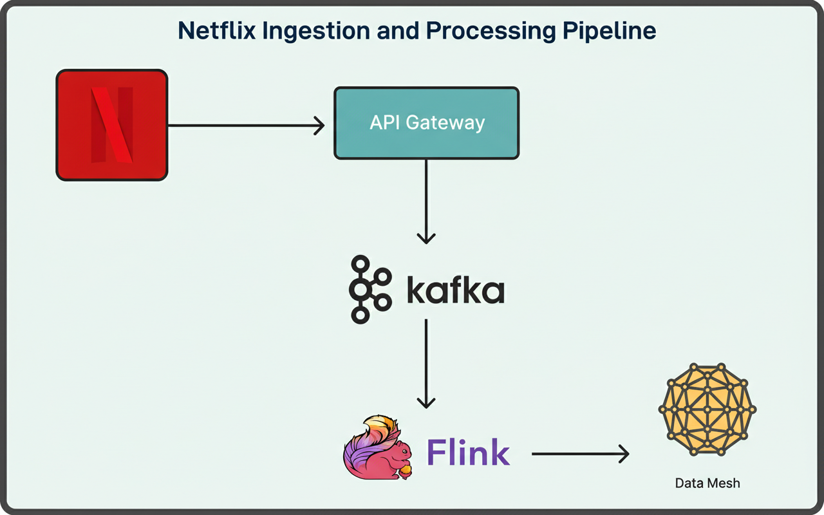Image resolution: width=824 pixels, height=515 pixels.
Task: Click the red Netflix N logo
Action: click(112, 125)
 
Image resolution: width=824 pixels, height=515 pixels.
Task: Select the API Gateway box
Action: click(426, 123)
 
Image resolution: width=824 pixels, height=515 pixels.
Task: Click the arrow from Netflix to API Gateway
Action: click(245, 126)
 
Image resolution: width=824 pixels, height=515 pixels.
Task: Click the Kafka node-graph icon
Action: click(370, 289)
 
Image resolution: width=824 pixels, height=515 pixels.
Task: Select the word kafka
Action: click(455, 290)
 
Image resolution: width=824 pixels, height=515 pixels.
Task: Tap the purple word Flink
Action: click(468, 453)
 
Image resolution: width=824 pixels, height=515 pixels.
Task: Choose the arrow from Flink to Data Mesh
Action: click(579, 454)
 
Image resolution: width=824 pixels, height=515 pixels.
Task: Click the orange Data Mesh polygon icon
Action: click(707, 408)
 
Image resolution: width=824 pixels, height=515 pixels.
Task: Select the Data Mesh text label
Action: click(707, 483)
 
